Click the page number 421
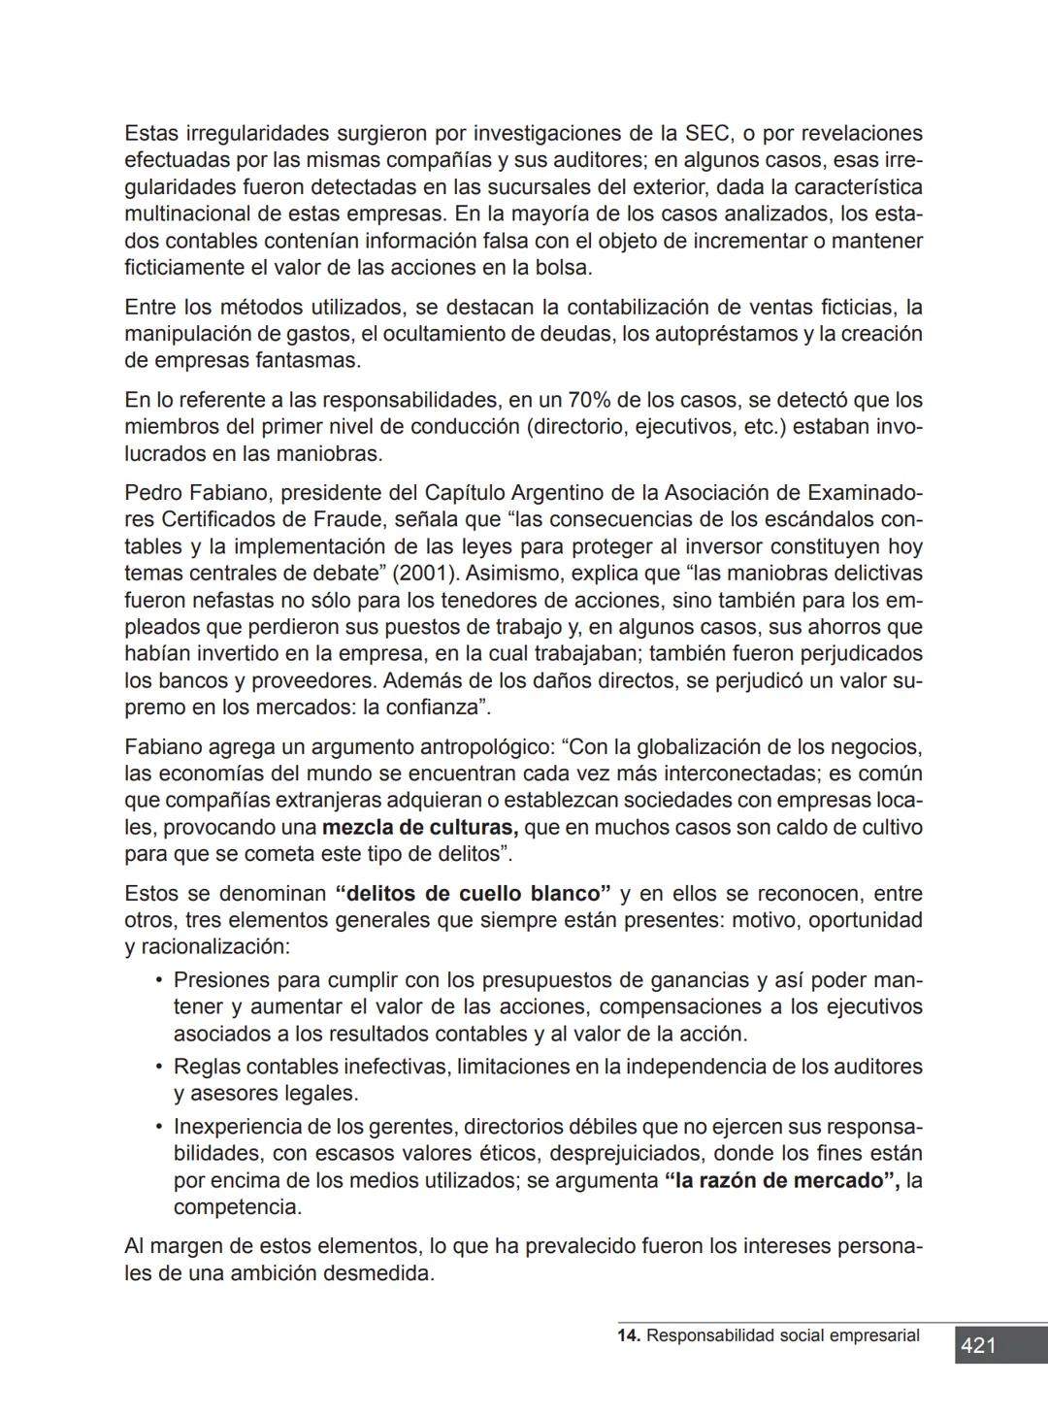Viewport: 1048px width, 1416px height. click(978, 1345)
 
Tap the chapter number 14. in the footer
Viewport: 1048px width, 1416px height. click(629, 1335)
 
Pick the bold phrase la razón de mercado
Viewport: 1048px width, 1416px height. click(782, 1180)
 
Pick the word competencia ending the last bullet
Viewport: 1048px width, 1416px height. click(236, 1207)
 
